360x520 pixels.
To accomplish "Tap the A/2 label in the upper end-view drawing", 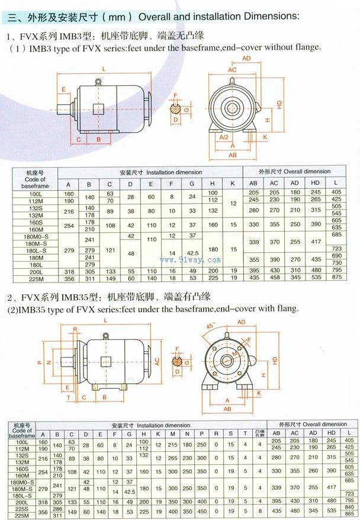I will tap(224, 137).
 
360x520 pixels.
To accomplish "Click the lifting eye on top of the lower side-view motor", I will tap(106, 336).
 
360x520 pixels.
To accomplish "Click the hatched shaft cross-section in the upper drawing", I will tap(176, 108).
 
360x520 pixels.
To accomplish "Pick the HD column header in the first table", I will tap(316, 182).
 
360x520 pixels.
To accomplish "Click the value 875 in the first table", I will tap(337, 277).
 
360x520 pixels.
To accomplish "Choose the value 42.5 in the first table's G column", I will tap(192, 253).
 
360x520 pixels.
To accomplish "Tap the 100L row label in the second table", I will tap(22, 441).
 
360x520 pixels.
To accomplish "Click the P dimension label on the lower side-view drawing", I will tap(39, 361).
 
